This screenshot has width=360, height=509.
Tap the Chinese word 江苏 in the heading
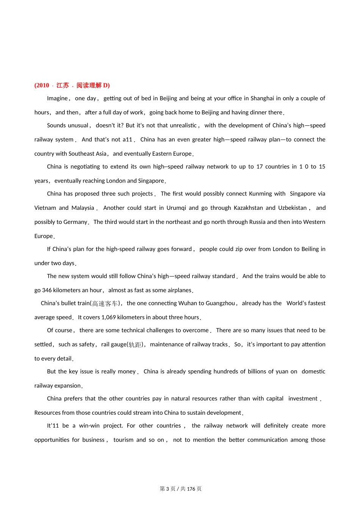click(x=63, y=85)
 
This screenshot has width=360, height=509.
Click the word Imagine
click(x=57, y=98)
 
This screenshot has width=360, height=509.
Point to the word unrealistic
click(x=182, y=125)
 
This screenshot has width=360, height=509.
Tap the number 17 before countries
click(x=260, y=167)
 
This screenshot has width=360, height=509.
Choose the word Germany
click(x=76, y=222)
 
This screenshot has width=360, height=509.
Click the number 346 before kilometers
click(x=47, y=290)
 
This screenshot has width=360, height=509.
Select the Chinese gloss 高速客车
click(x=105, y=304)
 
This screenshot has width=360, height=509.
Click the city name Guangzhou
click(x=220, y=303)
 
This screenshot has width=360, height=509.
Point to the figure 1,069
click(x=109, y=317)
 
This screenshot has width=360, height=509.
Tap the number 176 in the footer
click(x=191, y=489)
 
